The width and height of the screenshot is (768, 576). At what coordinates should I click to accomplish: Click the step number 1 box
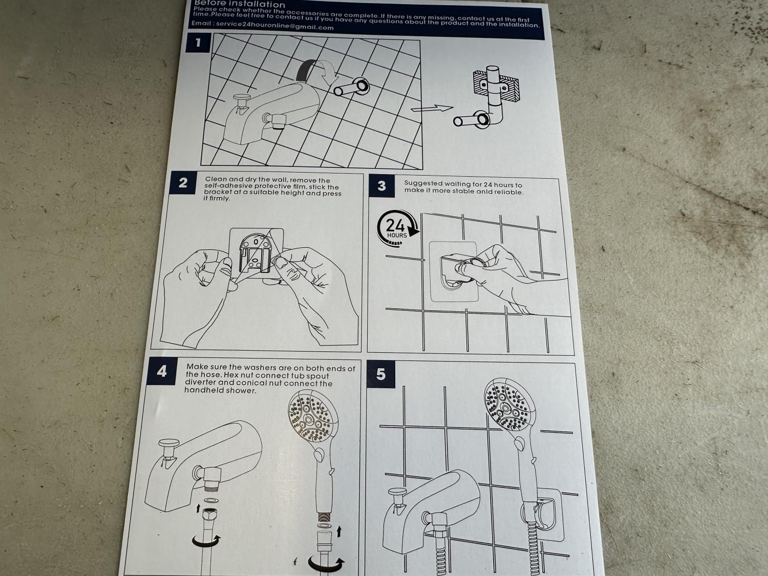(198, 42)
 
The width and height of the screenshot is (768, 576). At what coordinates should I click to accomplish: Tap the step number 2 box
(183, 183)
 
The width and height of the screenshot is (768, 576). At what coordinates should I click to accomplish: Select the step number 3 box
(382, 186)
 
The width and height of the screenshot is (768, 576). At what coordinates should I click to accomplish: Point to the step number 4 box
(162, 371)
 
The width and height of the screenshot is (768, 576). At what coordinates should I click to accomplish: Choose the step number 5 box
(381, 374)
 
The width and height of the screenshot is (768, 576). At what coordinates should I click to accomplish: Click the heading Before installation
(240, 4)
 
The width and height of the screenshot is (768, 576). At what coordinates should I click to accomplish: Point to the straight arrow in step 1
(432, 109)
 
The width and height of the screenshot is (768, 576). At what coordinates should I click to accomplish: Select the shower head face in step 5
(507, 406)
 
